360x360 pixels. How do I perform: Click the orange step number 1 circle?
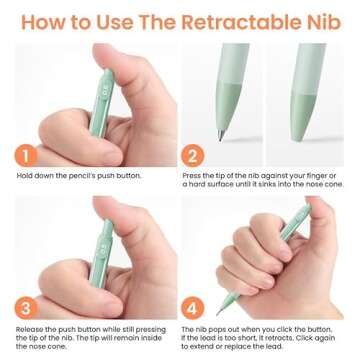pos(26,156)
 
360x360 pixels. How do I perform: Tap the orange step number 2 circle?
pos(192,156)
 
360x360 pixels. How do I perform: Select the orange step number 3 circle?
pos(26,308)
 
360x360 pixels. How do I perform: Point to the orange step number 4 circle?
pos(192,308)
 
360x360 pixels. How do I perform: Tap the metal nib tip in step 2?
pos(221,135)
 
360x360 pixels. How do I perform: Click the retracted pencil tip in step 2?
pos(298,136)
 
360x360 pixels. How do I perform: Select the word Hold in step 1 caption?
pos(24,176)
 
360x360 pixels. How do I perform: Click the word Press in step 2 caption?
pos(192,176)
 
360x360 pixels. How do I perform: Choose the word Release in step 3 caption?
pos(29,330)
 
